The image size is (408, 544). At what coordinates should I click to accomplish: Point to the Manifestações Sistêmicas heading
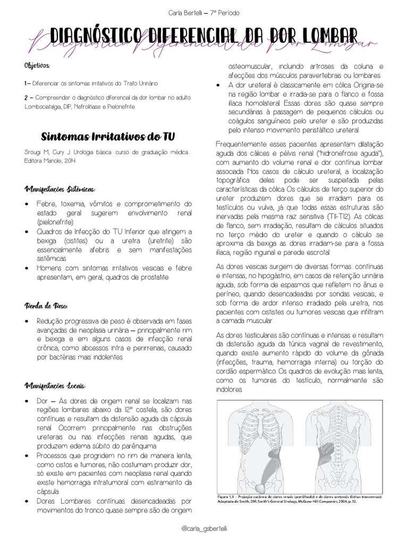pos(59,190)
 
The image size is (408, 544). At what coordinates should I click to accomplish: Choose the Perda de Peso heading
pos(45,306)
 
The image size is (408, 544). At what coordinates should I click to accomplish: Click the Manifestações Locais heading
pos(55,385)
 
